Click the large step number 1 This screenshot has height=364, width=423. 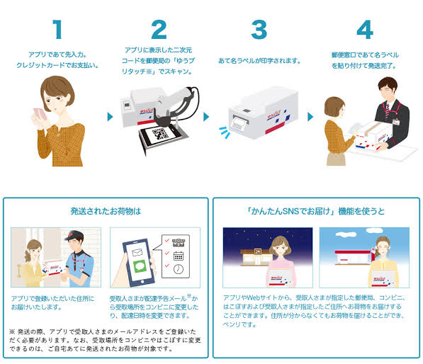[x=57, y=30]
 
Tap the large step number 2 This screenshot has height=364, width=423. [x=159, y=30]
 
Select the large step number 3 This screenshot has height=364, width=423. [x=259, y=30]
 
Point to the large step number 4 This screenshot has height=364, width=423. [x=365, y=30]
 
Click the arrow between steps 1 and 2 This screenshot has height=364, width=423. [x=110, y=117]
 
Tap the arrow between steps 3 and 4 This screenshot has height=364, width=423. [x=310, y=117]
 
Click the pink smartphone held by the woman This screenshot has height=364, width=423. [x=40, y=114]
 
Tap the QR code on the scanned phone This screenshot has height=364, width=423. [x=160, y=134]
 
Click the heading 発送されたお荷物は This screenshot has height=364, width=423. [x=106, y=211]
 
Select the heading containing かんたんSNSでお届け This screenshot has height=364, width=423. [x=316, y=211]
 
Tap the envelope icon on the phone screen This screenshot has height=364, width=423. [x=137, y=252]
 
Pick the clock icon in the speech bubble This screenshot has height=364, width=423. [x=179, y=269]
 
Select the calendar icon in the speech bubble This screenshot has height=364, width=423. [x=179, y=256]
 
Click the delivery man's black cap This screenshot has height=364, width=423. [x=74, y=235]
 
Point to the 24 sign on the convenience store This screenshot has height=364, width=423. [x=258, y=251]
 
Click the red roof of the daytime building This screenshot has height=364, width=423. [x=353, y=252]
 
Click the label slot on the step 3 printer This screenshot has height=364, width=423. [x=241, y=120]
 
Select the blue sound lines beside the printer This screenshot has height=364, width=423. [x=225, y=132]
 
